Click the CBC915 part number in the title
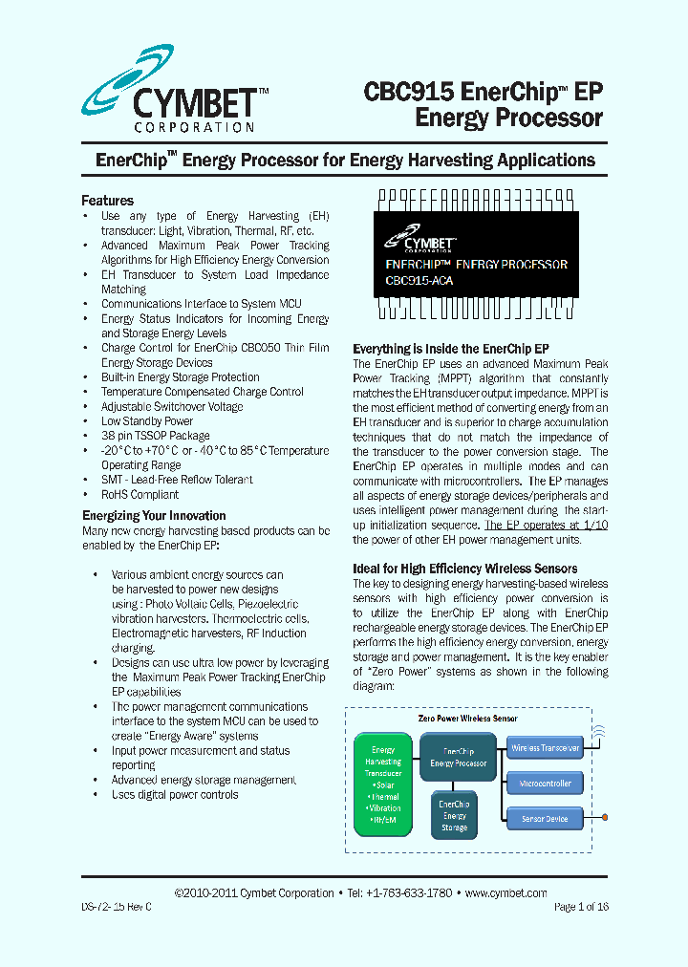pyautogui.click(x=408, y=92)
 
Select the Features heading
pyautogui.click(x=107, y=201)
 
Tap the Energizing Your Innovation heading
pyautogui.click(x=154, y=516)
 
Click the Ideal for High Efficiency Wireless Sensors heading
pyautogui.click(x=465, y=569)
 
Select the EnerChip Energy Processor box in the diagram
pyautogui.click(x=459, y=758)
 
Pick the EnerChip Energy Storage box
pyautogui.click(x=455, y=815)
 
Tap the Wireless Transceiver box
pyautogui.click(x=545, y=748)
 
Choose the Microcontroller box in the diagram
pyautogui.click(x=545, y=784)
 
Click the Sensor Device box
pyautogui.click(x=545, y=819)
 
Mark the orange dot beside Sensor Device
pyautogui.click(x=605, y=818)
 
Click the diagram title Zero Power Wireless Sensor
pyautogui.click(x=467, y=718)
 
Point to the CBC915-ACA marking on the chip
pyautogui.click(x=419, y=281)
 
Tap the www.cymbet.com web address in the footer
pyautogui.click(x=505, y=892)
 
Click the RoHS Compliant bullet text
pyautogui.click(x=140, y=495)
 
